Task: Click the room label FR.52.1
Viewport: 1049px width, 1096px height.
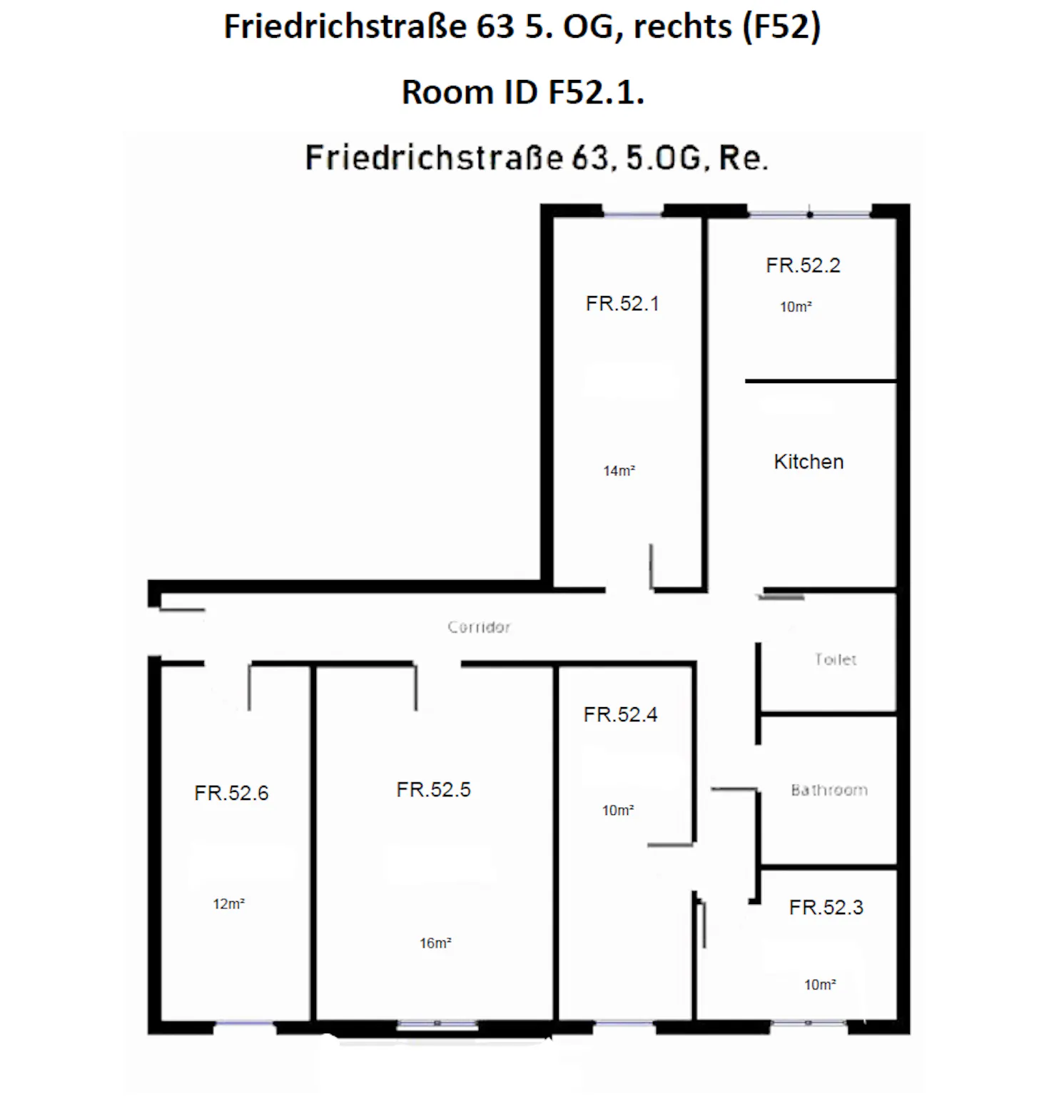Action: pyautogui.click(x=622, y=304)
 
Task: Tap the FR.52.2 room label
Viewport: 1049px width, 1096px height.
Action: pyautogui.click(x=803, y=265)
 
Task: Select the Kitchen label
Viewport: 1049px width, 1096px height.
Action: pyautogui.click(x=809, y=462)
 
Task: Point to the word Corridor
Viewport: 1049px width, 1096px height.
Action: pyautogui.click(x=479, y=627)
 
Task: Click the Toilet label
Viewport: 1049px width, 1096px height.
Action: pyautogui.click(x=836, y=659)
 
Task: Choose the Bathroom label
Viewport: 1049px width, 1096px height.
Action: pyautogui.click(x=829, y=790)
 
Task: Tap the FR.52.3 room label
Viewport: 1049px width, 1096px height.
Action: pyautogui.click(x=826, y=908)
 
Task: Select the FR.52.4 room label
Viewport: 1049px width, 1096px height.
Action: pyautogui.click(x=620, y=715)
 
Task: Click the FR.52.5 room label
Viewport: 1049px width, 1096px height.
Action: pyautogui.click(x=433, y=790)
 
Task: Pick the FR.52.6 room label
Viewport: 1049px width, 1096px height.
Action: pyautogui.click(x=231, y=793)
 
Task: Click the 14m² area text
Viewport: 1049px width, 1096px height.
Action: pyautogui.click(x=619, y=471)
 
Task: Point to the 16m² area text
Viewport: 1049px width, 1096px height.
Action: pyautogui.click(x=435, y=943)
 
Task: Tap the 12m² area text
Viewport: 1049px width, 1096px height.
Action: pyautogui.click(x=228, y=904)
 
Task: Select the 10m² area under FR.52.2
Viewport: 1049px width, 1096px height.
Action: pyautogui.click(x=796, y=307)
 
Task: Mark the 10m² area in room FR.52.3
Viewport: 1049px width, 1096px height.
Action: pyautogui.click(x=820, y=985)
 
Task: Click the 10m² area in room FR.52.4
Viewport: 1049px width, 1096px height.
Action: pyautogui.click(x=618, y=811)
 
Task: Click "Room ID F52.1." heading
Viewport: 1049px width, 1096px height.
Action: pyautogui.click(x=523, y=93)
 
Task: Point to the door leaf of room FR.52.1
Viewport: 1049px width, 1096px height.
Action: pyautogui.click(x=651, y=567)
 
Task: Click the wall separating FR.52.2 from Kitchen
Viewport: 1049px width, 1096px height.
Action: pyautogui.click(x=821, y=381)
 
